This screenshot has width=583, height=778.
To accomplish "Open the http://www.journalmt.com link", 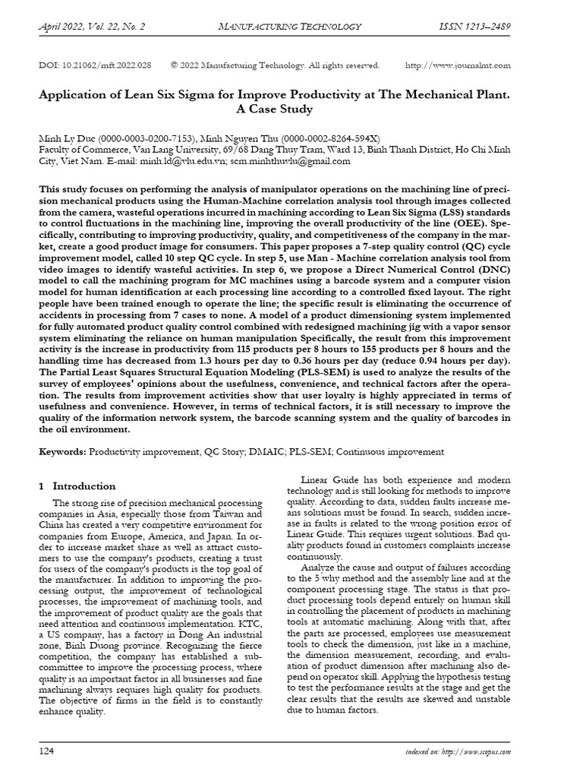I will pyautogui.click(x=458, y=65).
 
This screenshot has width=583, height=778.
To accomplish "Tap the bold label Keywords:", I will pyautogui.click(x=63, y=451).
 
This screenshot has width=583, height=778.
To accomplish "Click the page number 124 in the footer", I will pyautogui.click(x=47, y=751).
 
